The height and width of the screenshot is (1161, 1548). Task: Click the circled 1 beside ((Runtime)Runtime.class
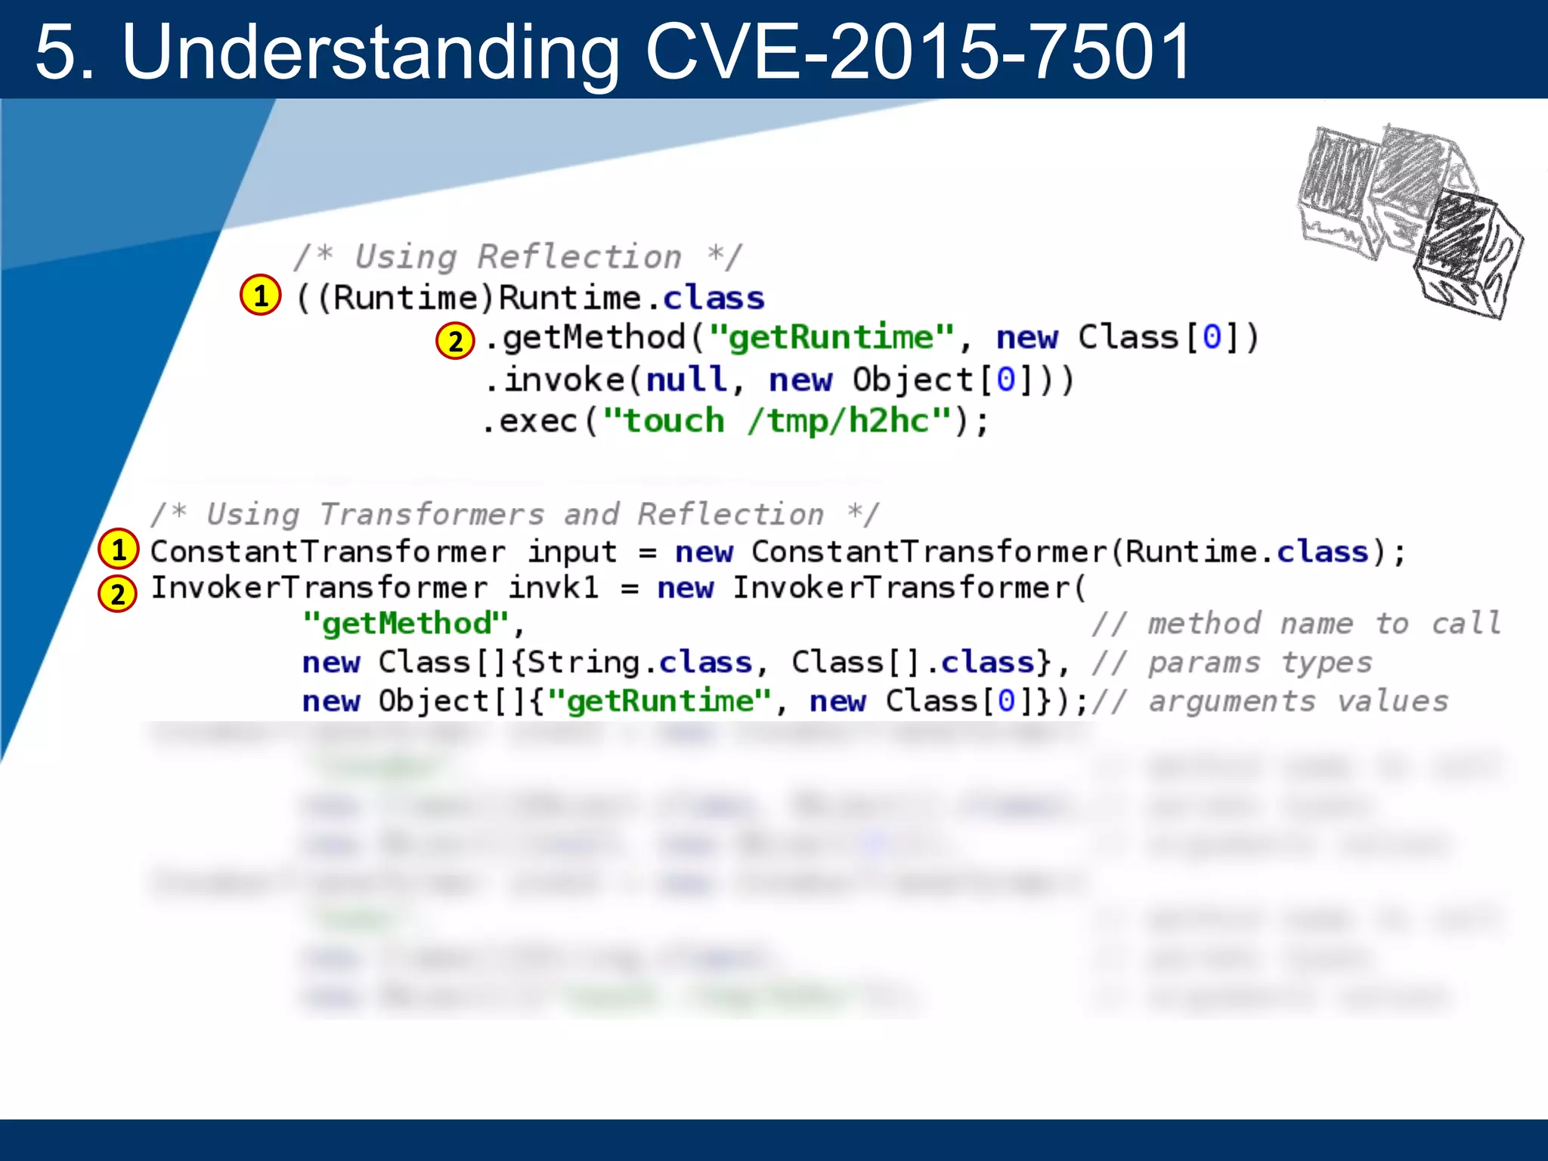coord(261,296)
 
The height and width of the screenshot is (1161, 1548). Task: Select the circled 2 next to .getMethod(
coord(455,341)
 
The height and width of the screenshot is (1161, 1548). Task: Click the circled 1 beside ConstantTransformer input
coord(119,550)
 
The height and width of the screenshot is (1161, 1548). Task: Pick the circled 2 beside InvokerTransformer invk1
coord(118,593)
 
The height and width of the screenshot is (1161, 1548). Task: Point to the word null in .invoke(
coord(686,379)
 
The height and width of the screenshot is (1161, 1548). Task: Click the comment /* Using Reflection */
coord(519,257)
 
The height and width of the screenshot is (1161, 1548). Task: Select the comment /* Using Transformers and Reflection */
coord(514,515)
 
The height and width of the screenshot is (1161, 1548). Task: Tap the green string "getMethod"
coord(406,624)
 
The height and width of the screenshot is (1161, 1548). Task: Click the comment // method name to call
coord(1296,624)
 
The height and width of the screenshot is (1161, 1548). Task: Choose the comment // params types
coord(1232,663)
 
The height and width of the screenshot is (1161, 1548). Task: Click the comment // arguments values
coord(1270,701)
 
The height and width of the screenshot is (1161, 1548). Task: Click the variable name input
coord(572,552)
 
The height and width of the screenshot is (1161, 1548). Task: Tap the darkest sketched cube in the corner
coord(1466,253)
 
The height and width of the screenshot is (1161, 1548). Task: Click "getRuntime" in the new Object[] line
coord(660,701)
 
